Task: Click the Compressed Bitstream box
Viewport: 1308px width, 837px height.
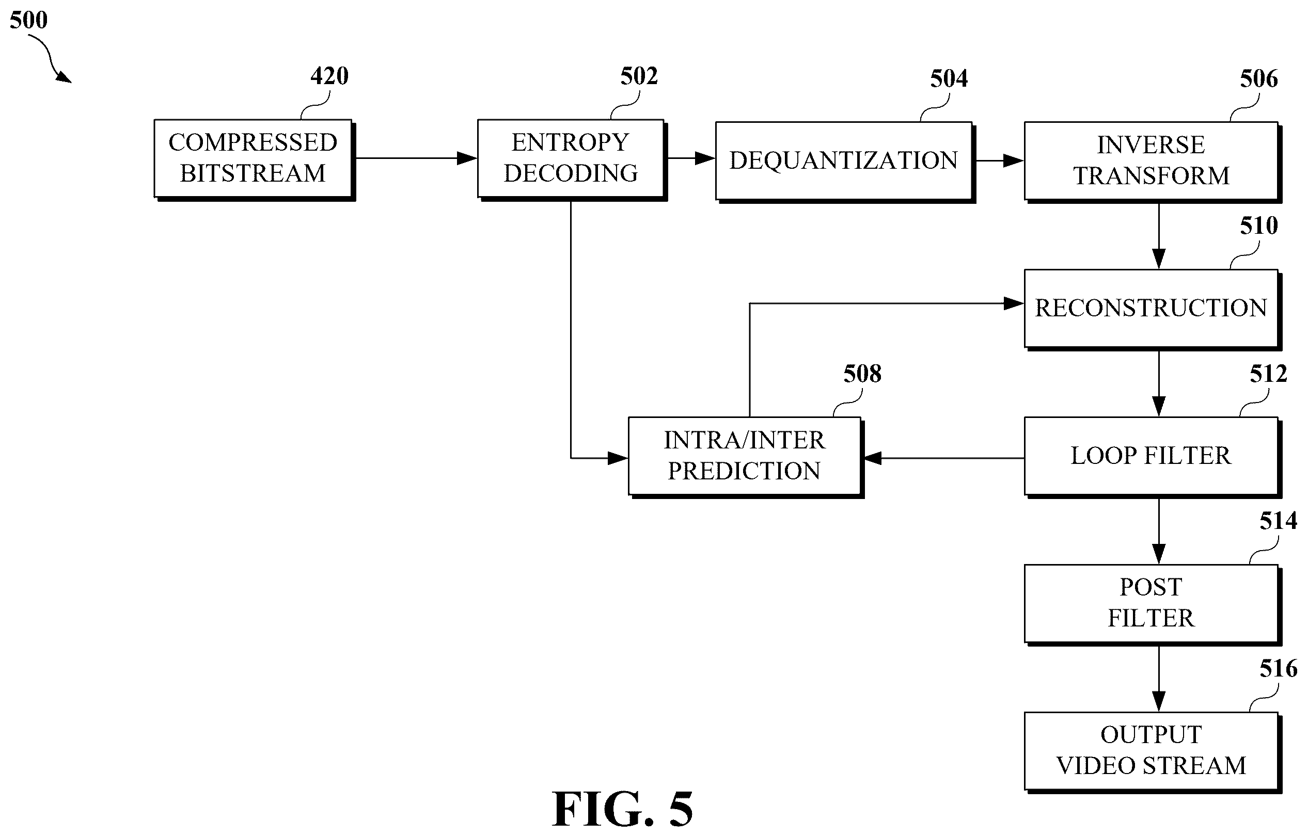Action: (255, 160)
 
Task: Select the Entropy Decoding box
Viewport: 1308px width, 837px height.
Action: (572, 160)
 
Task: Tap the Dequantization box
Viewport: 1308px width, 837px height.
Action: (845, 162)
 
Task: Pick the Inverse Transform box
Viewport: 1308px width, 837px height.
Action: (1153, 162)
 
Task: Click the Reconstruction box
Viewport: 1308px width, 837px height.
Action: (1153, 310)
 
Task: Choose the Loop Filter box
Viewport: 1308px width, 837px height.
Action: (1153, 458)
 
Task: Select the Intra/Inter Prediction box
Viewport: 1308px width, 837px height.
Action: (746, 458)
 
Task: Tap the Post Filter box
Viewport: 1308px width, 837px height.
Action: (1153, 605)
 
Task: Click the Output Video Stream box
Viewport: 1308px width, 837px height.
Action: (1153, 753)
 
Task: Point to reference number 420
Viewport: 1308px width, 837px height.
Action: (329, 76)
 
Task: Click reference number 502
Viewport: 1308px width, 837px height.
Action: (639, 76)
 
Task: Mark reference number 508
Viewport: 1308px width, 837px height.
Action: (862, 374)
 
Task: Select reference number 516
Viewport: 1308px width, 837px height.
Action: (1279, 668)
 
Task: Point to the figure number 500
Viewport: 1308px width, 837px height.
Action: (29, 20)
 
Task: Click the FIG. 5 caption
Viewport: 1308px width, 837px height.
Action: (623, 809)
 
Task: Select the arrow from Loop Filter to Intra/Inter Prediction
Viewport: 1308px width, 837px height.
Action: (944, 458)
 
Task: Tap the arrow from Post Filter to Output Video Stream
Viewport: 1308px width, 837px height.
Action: (1159, 680)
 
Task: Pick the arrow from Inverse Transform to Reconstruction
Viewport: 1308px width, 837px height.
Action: (1159, 236)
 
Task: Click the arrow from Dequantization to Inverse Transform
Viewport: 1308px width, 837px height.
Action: (1000, 161)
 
